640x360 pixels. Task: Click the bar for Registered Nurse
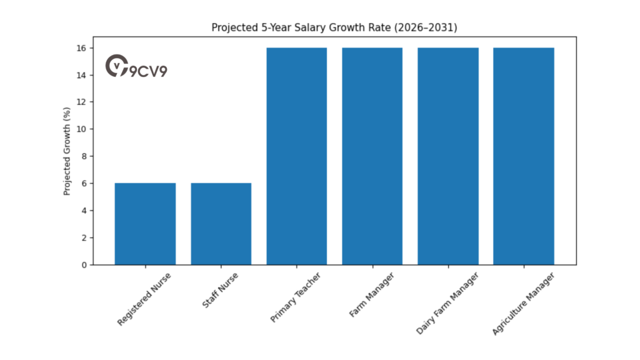pos(145,224)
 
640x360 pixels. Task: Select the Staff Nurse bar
pos(221,224)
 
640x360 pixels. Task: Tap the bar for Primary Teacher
pos(296,156)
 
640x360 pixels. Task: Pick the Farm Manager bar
pos(372,156)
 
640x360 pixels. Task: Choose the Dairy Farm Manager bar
pos(448,156)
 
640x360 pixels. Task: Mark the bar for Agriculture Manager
pos(523,156)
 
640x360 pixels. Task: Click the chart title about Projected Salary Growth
pos(334,27)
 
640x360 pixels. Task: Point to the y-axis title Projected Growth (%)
pos(67,151)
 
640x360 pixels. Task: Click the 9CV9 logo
pos(136,67)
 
